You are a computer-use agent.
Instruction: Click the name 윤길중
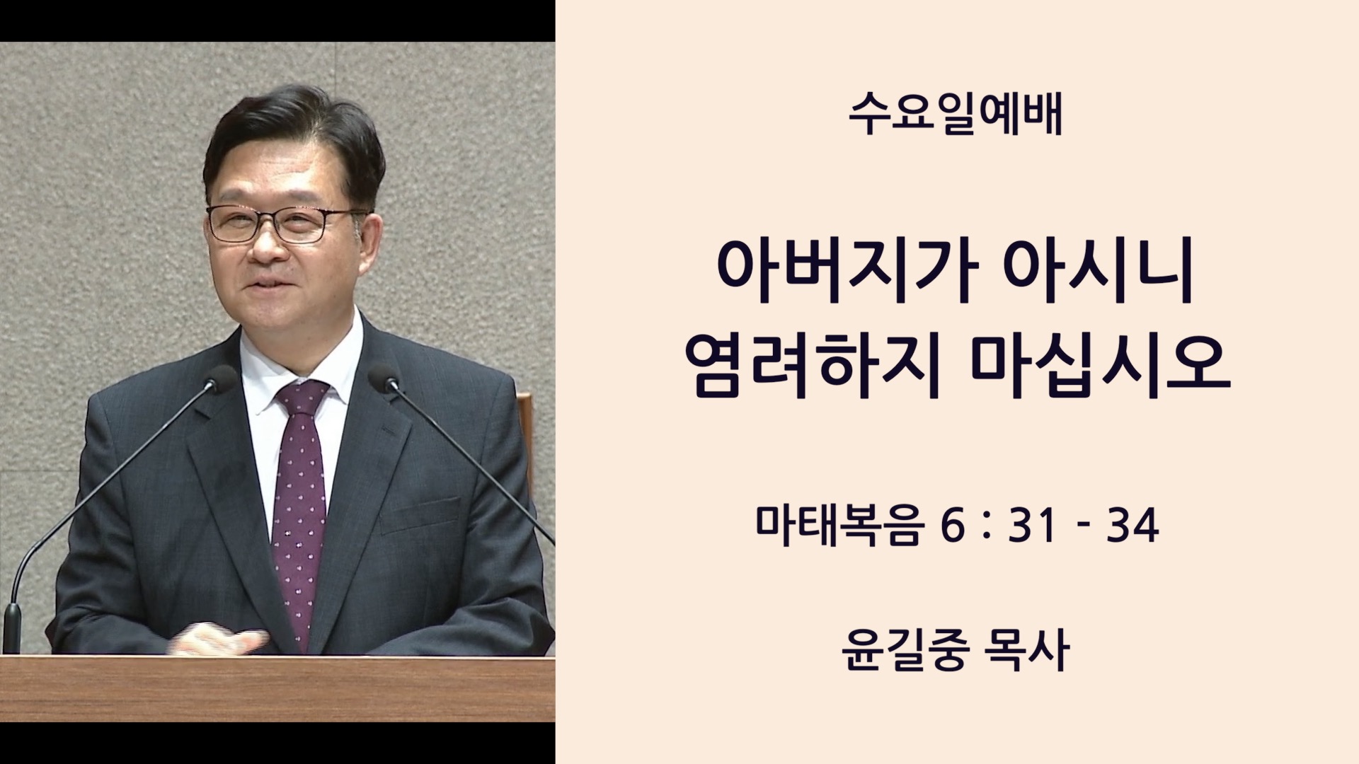click(x=905, y=650)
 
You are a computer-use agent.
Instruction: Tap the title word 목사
click(x=1027, y=650)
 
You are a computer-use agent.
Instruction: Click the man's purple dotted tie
click(x=300, y=509)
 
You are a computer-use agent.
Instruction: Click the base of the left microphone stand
click(x=12, y=628)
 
